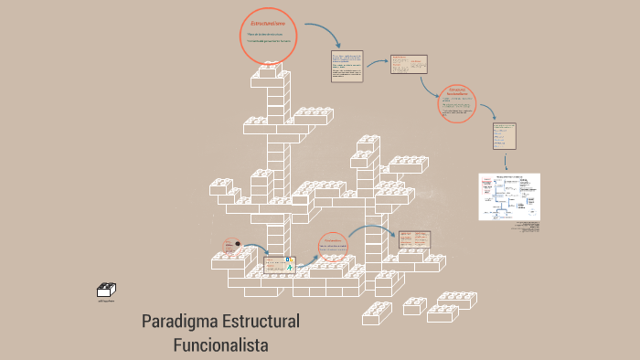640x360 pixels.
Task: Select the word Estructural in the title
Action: [x=259, y=323]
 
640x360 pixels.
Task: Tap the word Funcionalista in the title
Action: [x=220, y=344]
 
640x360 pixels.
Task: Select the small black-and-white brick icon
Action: [x=106, y=291]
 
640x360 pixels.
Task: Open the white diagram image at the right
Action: [x=508, y=196]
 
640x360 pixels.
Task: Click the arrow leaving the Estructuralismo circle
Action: [x=324, y=35]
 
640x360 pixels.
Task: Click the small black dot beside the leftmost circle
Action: [x=238, y=243]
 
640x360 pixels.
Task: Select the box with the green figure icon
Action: [x=278, y=265]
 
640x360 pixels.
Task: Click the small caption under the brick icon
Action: [x=106, y=301]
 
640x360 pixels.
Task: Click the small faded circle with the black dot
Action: [x=229, y=245]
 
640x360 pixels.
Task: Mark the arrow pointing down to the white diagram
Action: [x=506, y=162]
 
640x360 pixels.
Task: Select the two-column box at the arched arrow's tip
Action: [x=413, y=239]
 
